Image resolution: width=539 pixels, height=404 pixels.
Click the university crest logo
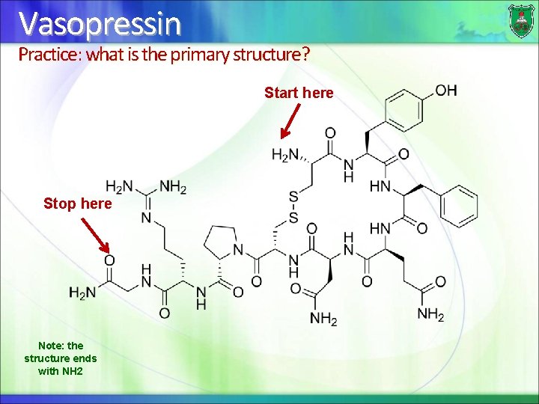520,20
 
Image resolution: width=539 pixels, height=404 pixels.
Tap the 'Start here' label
299,93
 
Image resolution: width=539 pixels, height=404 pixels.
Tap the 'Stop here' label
78,203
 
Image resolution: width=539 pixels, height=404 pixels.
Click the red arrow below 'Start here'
290,121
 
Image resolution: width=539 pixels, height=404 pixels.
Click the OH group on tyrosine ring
445,91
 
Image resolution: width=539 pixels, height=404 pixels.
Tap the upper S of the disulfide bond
293,196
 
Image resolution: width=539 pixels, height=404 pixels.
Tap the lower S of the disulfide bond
293,217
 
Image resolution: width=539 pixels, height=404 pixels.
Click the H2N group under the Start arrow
284,156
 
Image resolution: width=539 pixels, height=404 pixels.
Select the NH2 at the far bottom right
430,315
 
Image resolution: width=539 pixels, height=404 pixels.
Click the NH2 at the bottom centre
323,319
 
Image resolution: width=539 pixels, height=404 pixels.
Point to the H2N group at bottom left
82,293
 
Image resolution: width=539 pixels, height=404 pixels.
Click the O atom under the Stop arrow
109,260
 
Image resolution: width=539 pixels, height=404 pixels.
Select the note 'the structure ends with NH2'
61,358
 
